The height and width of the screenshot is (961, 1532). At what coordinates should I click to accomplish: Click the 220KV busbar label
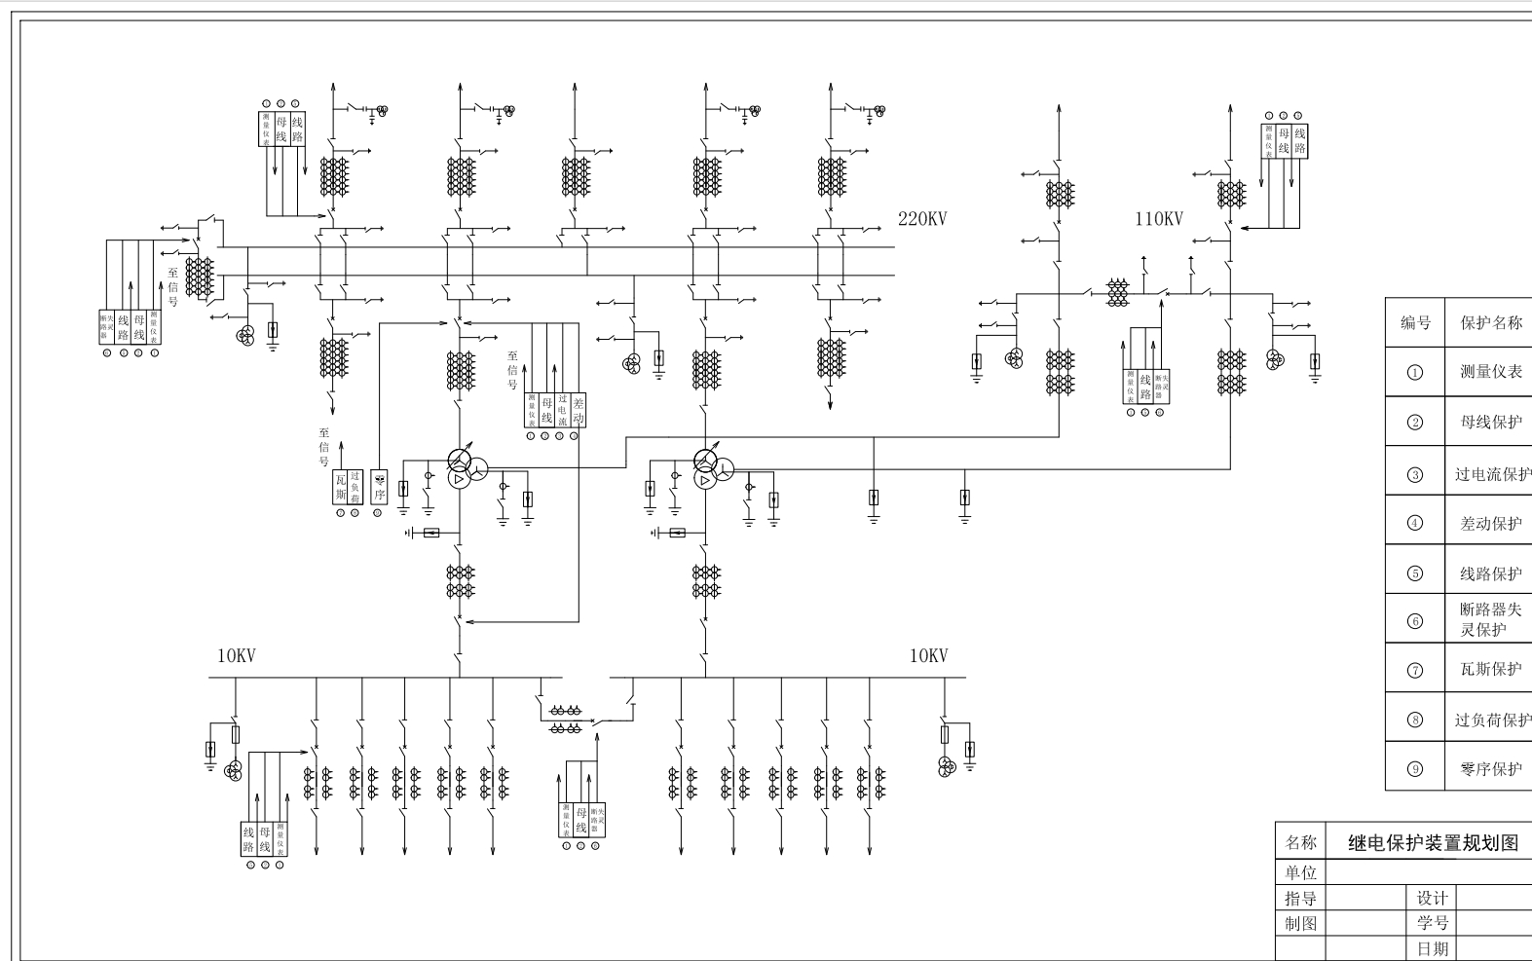click(921, 219)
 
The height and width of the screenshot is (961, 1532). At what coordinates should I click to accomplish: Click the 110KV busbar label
click(1158, 219)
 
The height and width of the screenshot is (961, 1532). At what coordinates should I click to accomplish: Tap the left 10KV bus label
click(236, 656)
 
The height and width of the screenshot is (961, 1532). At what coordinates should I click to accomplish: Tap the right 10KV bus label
click(928, 656)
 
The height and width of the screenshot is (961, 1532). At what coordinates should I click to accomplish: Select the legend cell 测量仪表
click(1490, 372)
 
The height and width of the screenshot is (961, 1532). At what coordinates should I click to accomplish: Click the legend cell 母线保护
click(1490, 423)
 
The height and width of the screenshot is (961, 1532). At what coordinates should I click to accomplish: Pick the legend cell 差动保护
click(1490, 524)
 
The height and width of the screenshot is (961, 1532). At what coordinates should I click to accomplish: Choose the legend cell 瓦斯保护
click(1490, 670)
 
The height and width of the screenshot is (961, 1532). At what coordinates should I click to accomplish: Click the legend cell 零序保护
click(1490, 769)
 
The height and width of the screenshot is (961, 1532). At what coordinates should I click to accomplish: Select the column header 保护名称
click(1490, 323)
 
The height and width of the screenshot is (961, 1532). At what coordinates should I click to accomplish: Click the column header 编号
click(1415, 323)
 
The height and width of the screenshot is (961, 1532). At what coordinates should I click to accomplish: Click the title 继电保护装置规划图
click(1433, 843)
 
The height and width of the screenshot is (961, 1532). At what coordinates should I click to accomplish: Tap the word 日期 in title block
click(1432, 948)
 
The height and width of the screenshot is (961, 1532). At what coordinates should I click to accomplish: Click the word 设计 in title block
click(1432, 898)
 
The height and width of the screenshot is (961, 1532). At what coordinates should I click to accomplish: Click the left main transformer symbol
click(462, 468)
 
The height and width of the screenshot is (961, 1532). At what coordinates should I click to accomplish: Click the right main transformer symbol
click(708, 468)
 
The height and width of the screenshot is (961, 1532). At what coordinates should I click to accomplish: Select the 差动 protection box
click(579, 410)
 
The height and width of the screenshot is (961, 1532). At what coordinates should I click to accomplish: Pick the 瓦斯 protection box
click(341, 487)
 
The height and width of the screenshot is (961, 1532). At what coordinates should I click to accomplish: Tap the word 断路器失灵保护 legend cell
click(1490, 619)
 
